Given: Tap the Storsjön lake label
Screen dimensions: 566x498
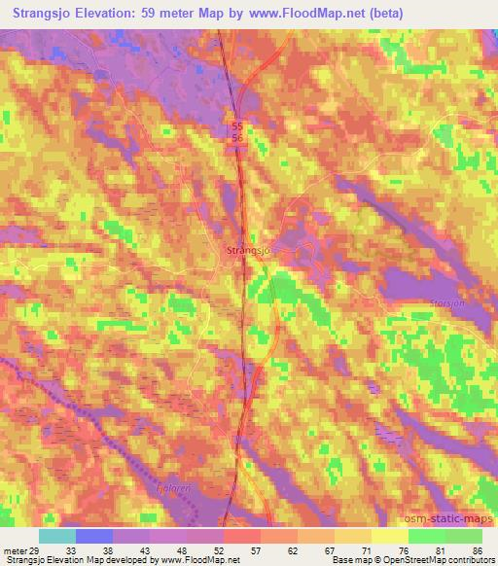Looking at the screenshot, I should tap(445, 303).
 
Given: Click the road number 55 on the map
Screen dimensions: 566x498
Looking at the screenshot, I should tap(237, 126).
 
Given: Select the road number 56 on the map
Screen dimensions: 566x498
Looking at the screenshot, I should tap(237, 139).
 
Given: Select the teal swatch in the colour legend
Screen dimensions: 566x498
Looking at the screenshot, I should tap(57, 535).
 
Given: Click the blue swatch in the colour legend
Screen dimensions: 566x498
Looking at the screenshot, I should tap(94, 535).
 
